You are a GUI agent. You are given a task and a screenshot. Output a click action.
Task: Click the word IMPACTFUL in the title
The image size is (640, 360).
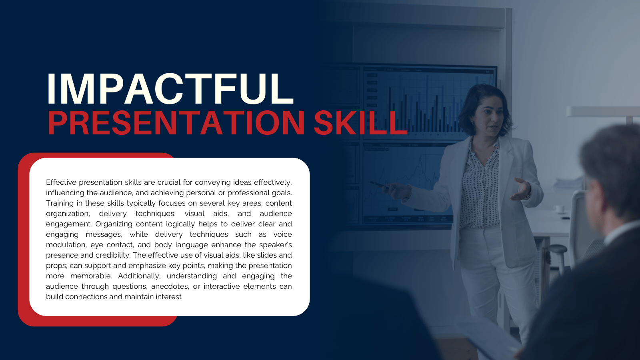170,88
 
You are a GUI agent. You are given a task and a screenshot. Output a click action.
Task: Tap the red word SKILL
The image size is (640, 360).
360,123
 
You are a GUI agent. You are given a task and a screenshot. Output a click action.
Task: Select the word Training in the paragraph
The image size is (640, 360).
60,203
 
